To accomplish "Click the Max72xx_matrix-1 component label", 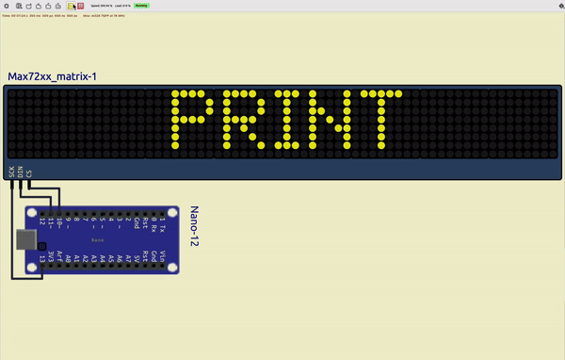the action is coord(51,76).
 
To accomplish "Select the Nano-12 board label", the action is coord(196,227).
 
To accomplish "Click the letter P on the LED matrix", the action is coord(188,121).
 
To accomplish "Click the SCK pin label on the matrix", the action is coord(12,172).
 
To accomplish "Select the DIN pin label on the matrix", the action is coord(21,172).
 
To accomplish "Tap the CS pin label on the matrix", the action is coord(29,172).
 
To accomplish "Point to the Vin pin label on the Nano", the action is coord(163,255).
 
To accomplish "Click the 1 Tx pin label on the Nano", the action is coord(163,226).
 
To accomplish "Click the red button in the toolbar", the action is coord(80,6).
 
